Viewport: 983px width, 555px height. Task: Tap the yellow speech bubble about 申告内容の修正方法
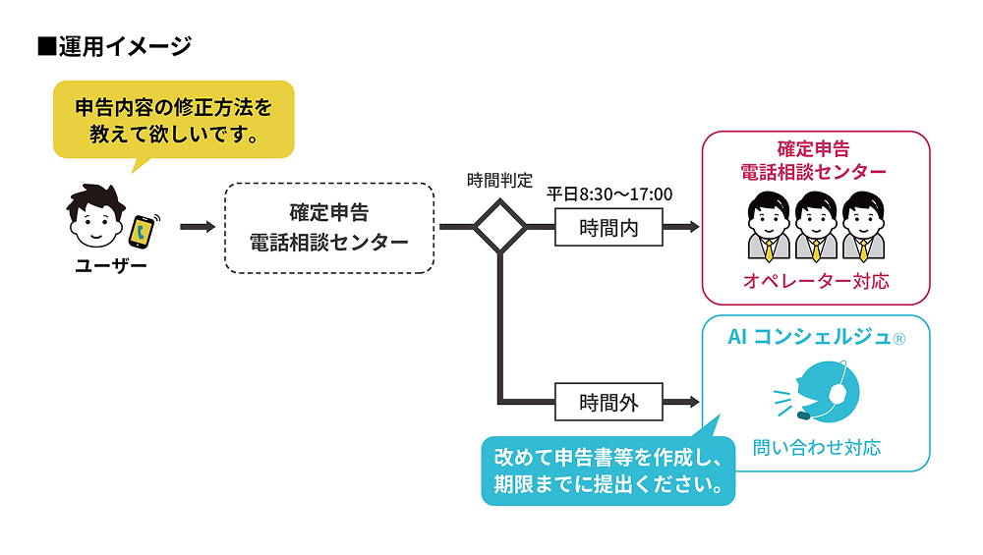click(x=173, y=119)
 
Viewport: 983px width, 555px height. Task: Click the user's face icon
click(x=95, y=222)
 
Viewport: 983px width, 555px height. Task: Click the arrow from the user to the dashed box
click(x=198, y=227)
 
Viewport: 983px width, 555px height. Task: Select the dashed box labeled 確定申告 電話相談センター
click(x=329, y=227)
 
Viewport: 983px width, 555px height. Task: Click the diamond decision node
click(x=500, y=227)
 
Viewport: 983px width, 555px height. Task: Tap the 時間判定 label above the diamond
click(x=499, y=181)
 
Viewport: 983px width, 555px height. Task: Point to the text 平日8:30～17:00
click(x=609, y=194)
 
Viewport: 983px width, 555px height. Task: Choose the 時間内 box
click(x=608, y=228)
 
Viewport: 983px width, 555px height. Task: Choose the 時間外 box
click(x=608, y=401)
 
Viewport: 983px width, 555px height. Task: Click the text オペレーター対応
click(x=815, y=282)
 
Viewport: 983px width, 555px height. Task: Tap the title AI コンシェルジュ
click(x=815, y=337)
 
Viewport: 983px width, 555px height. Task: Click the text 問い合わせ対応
click(x=816, y=448)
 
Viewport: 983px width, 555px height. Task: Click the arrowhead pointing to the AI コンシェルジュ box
click(x=693, y=401)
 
